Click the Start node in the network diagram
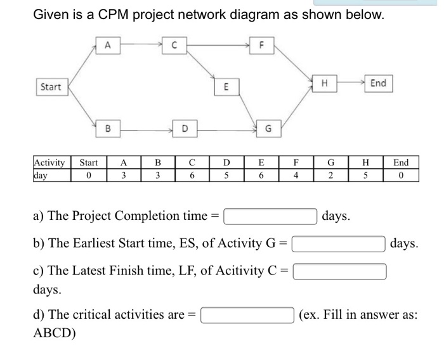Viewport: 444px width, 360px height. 51,87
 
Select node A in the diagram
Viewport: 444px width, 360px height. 108,44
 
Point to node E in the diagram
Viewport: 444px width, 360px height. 218,87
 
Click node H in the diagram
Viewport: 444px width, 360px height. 324,83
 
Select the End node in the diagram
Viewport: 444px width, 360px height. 378,83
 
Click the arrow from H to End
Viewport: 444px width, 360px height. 349,83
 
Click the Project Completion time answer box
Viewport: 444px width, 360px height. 270,216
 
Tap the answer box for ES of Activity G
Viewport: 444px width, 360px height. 339,243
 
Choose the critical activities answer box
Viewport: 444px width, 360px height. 248,314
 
